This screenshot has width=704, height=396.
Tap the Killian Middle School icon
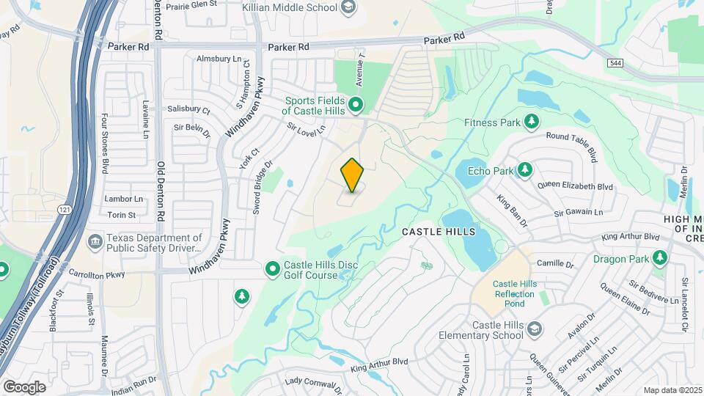pos(349,7)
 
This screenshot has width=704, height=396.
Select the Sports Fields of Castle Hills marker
pos(356,104)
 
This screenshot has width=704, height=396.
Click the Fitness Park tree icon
pos(532,121)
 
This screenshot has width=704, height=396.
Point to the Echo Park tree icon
pos(524,171)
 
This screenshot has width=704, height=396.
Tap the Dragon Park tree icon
pos(660,258)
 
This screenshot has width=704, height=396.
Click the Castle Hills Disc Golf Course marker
pos(273,269)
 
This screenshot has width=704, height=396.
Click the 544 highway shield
pos(615,64)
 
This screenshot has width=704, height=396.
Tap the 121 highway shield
pos(64,210)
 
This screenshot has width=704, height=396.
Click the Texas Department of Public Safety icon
pos(95,241)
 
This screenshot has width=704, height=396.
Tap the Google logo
pos(24,386)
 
